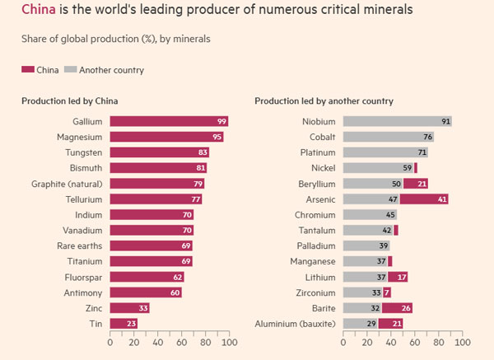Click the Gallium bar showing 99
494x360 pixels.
(169, 121)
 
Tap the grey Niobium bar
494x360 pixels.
(397, 121)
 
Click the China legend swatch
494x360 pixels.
(27, 70)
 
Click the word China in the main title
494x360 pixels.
(39, 11)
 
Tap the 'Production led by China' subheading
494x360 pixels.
(69, 101)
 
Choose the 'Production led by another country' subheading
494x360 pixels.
(324, 101)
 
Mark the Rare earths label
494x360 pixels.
(78, 245)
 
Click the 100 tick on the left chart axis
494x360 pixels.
(229, 342)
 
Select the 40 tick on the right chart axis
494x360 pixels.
(390, 342)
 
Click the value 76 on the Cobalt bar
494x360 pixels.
(428, 137)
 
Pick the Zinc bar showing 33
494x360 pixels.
(129, 307)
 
